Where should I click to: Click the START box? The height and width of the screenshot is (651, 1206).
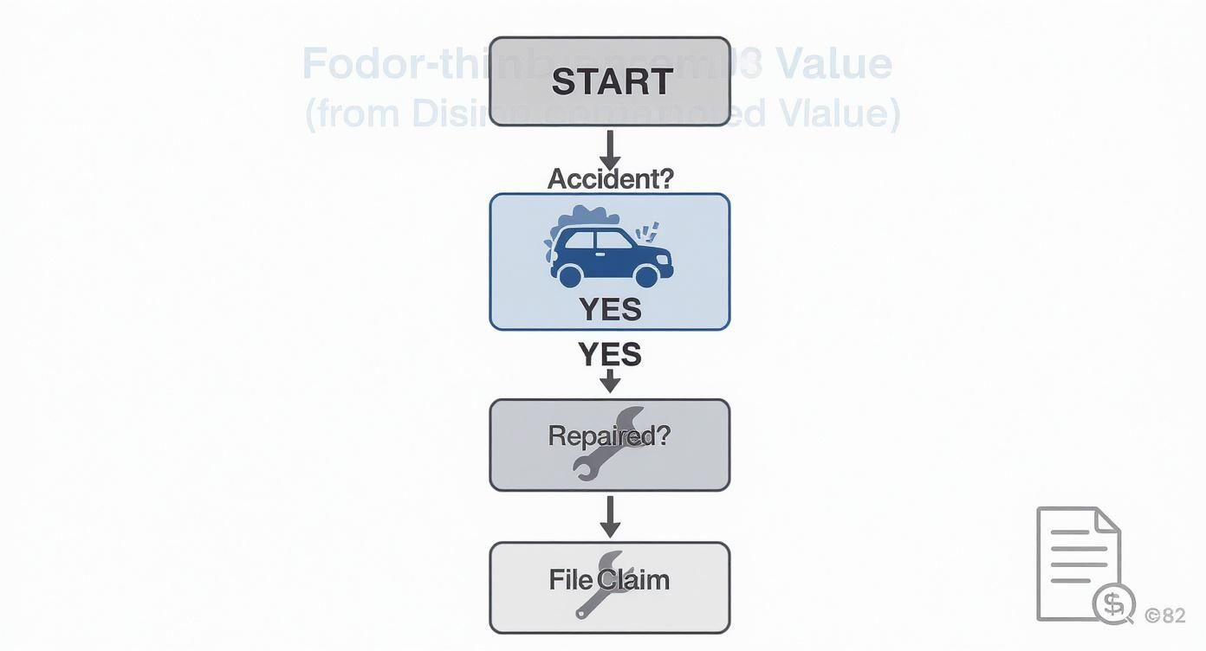[x=610, y=81]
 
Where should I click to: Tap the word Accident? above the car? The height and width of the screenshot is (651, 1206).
[x=610, y=178]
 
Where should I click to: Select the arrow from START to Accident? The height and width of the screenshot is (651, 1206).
[x=610, y=150]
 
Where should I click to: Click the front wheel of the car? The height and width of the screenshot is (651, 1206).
[x=646, y=275]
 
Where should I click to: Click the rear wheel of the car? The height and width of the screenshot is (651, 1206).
[x=569, y=275]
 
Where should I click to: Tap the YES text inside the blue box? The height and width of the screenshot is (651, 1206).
[x=610, y=309]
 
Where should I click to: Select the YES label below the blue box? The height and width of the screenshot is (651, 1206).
[x=610, y=355]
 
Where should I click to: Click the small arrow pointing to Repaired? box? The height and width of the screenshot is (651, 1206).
[x=610, y=381]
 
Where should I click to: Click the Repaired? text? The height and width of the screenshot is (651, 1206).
[x=610, y=435]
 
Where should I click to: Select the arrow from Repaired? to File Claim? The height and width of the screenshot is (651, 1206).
[x=610, y=517]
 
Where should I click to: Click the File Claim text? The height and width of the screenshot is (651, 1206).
[x=610, y=579]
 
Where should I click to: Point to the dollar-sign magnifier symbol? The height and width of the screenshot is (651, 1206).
[x=1113, y=603]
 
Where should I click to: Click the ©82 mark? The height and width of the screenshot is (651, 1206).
[x=1164, y=616]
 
